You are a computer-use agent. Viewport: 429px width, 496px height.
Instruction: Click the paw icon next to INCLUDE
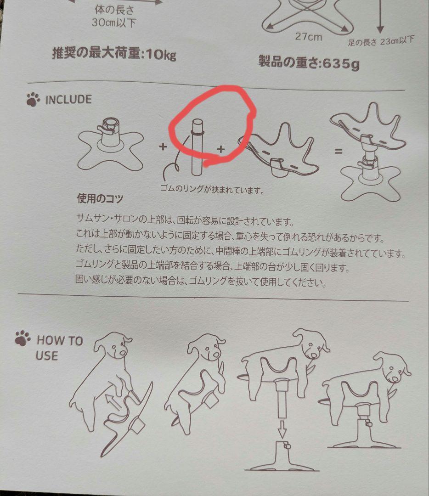click(x=33, y=99)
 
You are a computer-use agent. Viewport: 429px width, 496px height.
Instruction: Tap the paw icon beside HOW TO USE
click(x=23, y=338)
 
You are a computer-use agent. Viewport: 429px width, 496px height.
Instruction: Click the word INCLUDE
click(x=68, y=99)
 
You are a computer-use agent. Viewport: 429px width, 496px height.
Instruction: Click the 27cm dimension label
click(x=308, y=37)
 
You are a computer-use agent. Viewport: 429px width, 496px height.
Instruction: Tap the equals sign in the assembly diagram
click(x=338, y=150)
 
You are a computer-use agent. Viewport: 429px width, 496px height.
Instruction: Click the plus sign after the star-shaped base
click(x=162, y=147)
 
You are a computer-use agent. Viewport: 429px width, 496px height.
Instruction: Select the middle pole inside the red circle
click(x=196, y=147)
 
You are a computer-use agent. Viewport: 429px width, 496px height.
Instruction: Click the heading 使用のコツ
click(x=101, y=199)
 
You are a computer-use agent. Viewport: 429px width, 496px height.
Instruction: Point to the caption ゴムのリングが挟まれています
click(x=212, y=189)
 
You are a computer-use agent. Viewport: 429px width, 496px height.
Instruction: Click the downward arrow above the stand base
click(x=282, y=429)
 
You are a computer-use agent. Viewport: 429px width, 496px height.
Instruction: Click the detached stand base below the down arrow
click(x=282, y=459)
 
